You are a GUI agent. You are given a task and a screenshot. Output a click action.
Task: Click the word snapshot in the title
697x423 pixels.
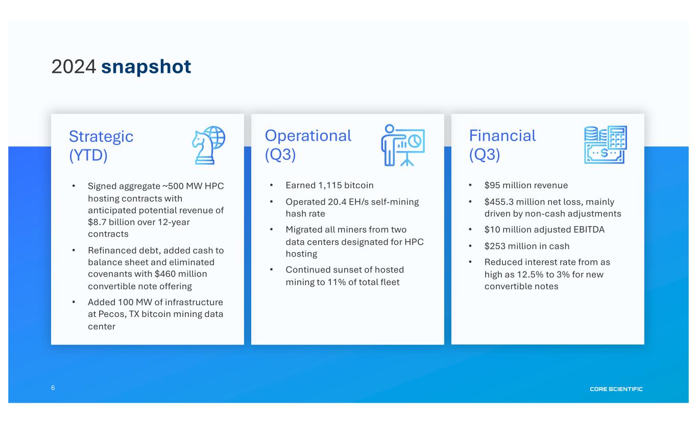146,67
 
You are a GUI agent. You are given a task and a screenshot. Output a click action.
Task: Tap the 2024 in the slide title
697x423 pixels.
74,66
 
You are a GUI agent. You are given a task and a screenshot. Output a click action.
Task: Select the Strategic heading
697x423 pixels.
101,137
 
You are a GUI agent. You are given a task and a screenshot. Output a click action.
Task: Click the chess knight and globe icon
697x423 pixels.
208,145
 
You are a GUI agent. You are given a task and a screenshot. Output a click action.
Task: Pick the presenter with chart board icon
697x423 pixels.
403,145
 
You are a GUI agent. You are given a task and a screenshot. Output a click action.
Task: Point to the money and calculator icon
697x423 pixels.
605,144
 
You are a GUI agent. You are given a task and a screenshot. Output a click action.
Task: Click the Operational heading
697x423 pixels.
308,136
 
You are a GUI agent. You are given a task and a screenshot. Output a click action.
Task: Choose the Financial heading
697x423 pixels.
502,136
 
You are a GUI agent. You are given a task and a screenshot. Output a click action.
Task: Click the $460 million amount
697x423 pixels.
180,274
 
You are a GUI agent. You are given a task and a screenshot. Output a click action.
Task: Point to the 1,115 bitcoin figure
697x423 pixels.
346,186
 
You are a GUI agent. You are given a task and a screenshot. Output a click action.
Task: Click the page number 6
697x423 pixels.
53,388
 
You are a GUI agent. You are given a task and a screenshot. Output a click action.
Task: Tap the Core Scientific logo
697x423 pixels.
616,389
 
